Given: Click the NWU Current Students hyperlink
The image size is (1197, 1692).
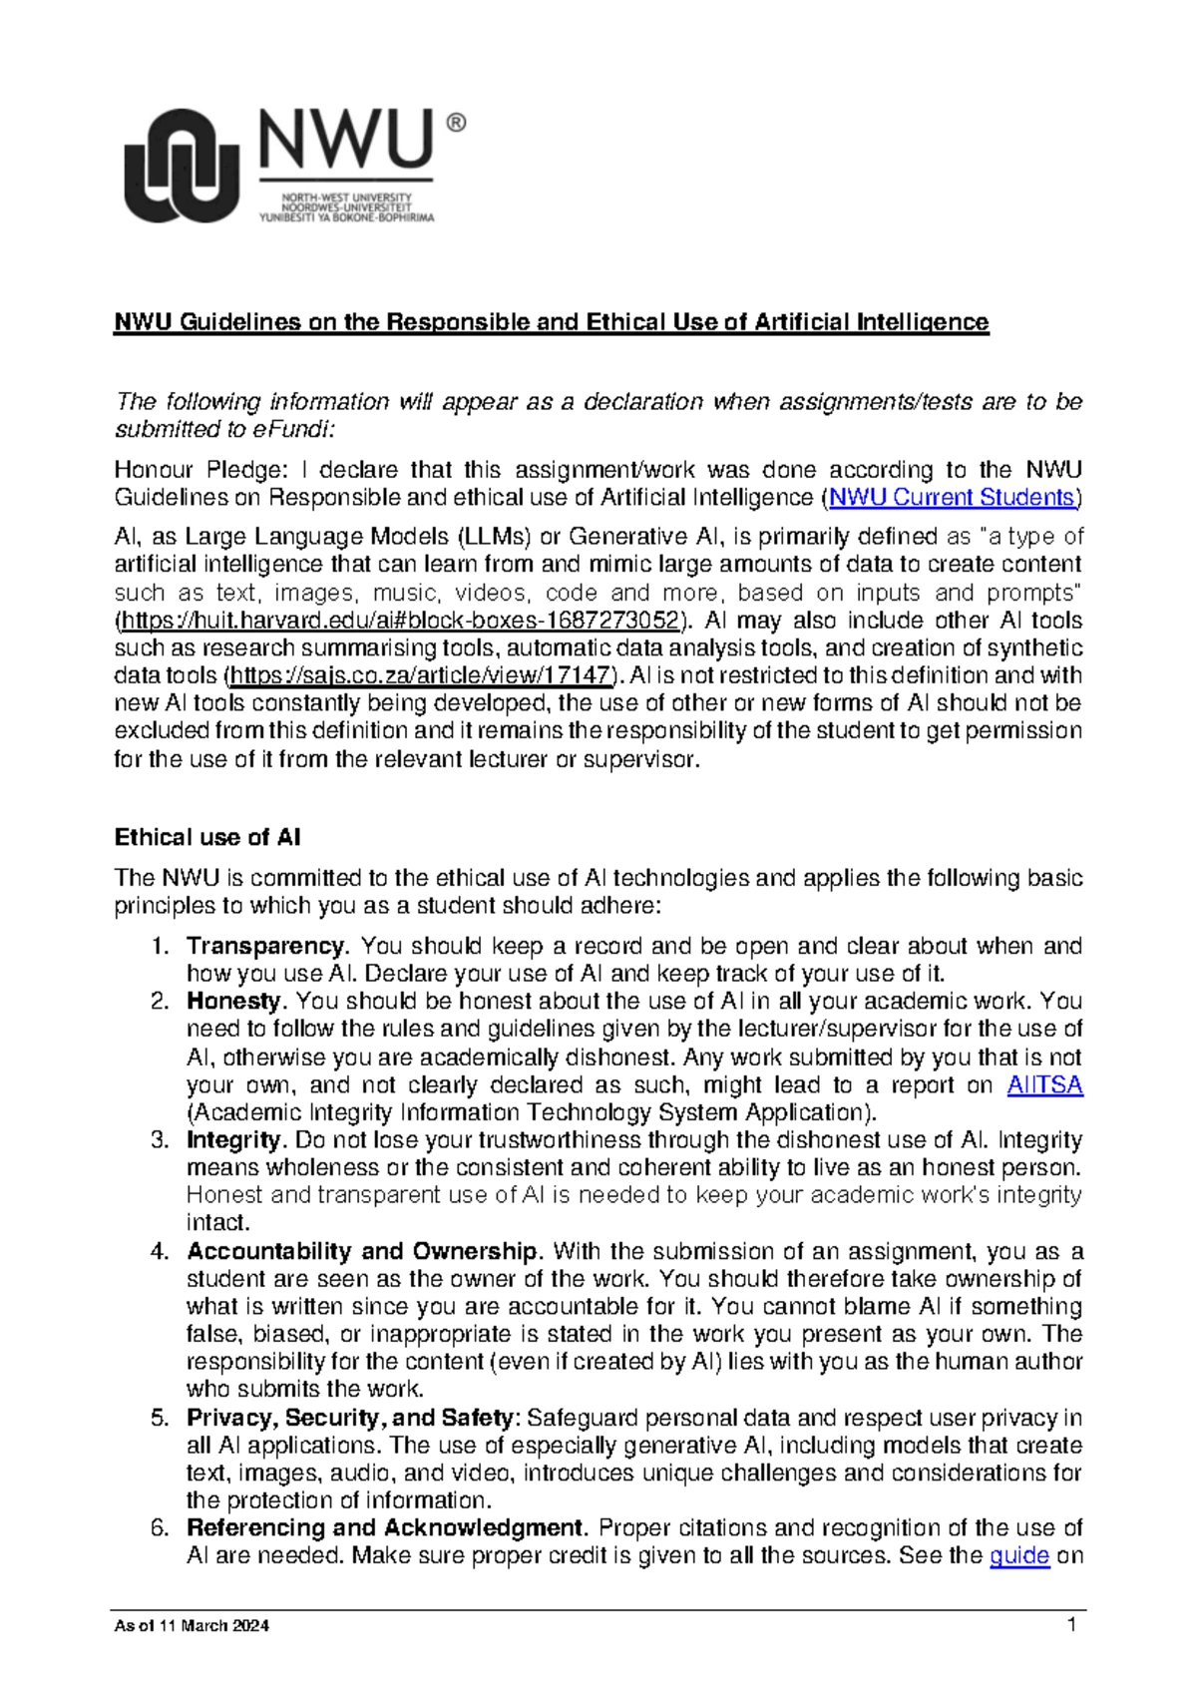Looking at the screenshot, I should pyautogui.click(x=952, y=497).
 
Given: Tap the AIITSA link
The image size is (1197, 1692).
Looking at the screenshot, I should pyautogui.click(x=1044, y=1085).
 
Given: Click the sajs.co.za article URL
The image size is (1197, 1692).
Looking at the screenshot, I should pyautogui.click(x=420, y=675).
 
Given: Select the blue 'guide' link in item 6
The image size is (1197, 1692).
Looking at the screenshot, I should pyautogui.click(x=1018, y=1555).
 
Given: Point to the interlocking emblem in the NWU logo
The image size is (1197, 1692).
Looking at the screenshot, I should pyautogui.click(x=181, y=166).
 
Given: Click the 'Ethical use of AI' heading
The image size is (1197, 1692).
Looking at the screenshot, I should pyautogui.click(x=207, y=837).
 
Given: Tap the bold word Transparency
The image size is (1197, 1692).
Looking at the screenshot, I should pyautogui.click(x=265, y=946).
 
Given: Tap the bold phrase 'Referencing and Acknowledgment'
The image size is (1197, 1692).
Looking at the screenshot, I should pyautogui.click(x=385, y=1527).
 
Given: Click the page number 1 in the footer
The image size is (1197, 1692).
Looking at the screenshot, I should pyautogui.click(x=1071, y=1625).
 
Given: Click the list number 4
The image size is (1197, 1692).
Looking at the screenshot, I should pyautogui.click(x=160, y=1251).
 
